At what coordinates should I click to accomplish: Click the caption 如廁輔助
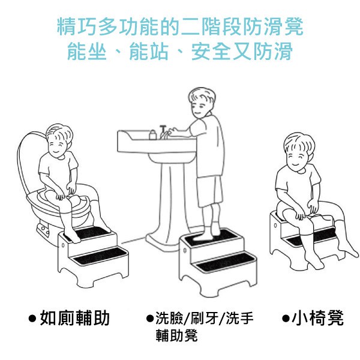pos(74,318)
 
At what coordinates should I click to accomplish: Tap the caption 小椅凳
pos(317,318)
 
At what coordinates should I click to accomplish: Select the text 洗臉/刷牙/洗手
pos(205,318)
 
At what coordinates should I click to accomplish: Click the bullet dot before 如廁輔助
pos(32,319)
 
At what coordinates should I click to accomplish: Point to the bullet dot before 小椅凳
pos(286,319)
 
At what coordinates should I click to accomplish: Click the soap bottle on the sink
pos(152,135)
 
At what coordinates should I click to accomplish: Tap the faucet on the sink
pos(163,132)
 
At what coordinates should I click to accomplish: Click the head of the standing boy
pos(202,103)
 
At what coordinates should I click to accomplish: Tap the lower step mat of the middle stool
pos(224,262)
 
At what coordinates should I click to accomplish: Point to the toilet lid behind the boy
pos(29,161)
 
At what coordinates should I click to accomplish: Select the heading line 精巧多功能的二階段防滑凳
pos(180,26)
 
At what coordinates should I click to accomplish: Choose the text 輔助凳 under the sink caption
pos(176,335)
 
